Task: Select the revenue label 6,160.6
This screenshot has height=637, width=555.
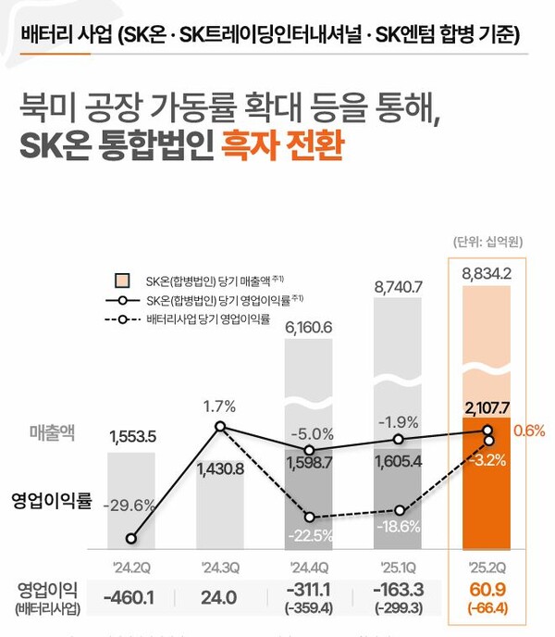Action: (x=309, y=327)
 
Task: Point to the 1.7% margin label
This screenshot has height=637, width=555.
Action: (x=219, y=406)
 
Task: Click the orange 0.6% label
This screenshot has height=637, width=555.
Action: (x=529, y=431)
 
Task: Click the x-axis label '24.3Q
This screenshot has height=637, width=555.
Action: (x=219, y=566)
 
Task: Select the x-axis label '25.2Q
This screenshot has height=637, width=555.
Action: (x=487, y=566)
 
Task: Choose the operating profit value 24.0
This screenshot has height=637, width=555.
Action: (x=219, y=597)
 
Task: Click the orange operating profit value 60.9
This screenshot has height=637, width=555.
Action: (x=487, y=589)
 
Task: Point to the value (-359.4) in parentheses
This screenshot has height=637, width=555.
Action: (x=309, y=608)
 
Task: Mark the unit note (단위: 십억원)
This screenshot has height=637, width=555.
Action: (x=487, y=242)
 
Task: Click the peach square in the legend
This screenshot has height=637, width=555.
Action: (x=121, y=281)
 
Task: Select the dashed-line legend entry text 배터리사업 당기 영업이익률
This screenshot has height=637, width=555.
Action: (x=207, y=319)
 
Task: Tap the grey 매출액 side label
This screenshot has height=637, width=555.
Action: (x=57, y=431)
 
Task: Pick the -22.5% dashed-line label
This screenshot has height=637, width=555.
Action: (x=309, y=534)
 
